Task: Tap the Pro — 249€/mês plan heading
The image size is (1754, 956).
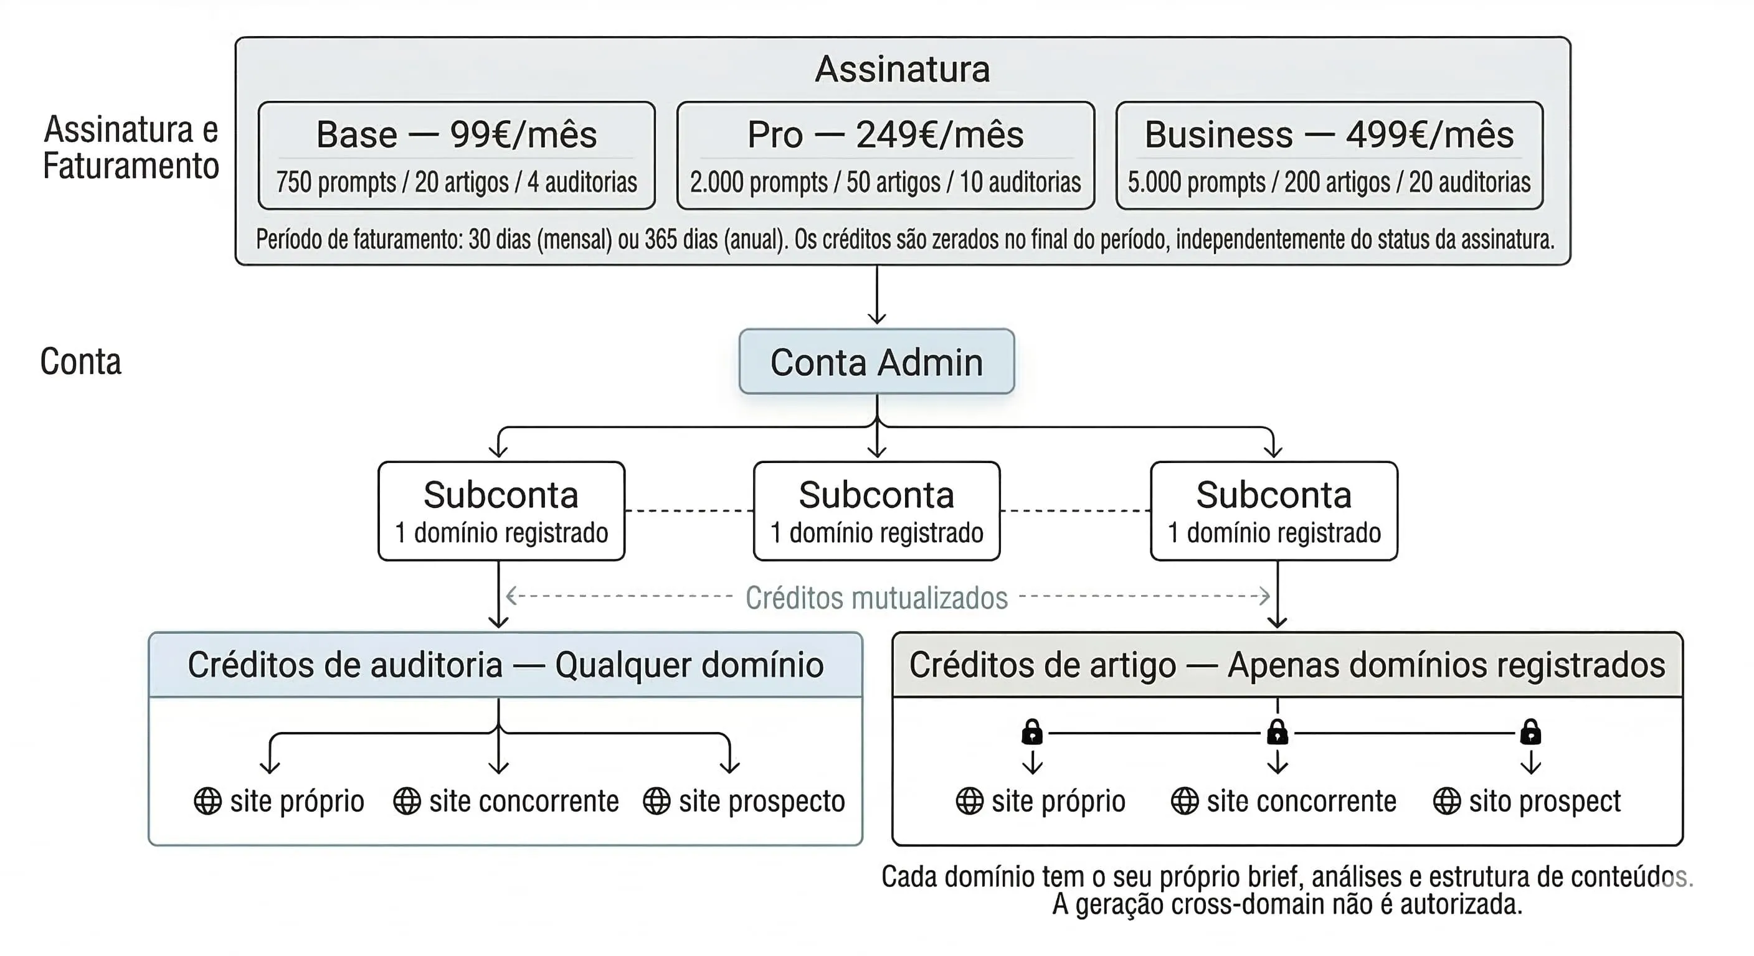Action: (885, 134)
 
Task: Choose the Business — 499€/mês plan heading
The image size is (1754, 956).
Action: (1329, 134)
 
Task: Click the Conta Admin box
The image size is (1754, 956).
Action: (876, 362)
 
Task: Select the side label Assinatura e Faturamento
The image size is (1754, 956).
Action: (131, 148)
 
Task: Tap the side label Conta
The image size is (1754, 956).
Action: (80, 362)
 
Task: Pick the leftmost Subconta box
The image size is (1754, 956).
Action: (501, 511)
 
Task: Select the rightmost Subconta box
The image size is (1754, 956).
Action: (1273, 511)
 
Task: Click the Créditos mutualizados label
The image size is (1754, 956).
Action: (876, 598)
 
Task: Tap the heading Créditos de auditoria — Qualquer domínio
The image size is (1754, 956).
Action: (505, 665)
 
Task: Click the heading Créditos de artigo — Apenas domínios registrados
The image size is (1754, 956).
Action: (1287, 665)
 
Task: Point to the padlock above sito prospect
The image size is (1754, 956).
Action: (1530, 732)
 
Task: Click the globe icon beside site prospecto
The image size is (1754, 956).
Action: (657, 801)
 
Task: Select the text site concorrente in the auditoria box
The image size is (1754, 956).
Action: (524, 801)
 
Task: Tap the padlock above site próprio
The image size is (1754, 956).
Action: (1032, 732)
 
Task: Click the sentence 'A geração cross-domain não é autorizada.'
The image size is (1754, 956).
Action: (1287, 905)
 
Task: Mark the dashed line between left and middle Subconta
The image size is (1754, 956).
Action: (688, 510)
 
